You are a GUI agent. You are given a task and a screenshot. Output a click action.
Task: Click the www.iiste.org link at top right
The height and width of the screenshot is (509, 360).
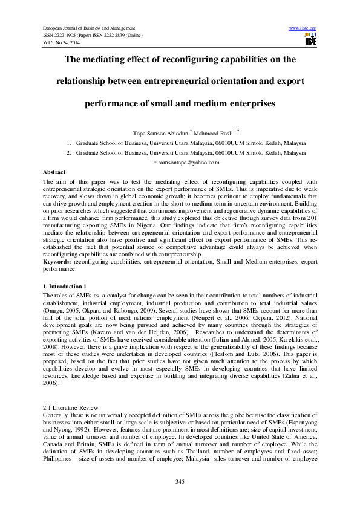(303, 28)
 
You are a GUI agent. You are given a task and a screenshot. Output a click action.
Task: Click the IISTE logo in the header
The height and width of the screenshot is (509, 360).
(310, 40)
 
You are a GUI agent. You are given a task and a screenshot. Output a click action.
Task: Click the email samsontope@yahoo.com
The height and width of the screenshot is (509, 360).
(189, 163)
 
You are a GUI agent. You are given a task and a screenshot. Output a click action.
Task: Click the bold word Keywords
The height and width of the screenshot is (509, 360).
(57, 261)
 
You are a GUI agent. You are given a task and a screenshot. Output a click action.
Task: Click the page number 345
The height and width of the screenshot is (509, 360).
(180, 481)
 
